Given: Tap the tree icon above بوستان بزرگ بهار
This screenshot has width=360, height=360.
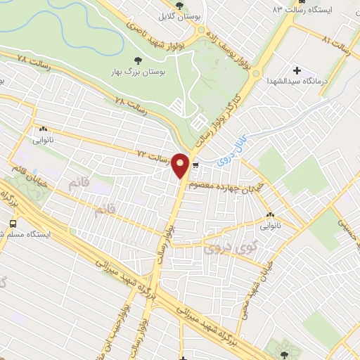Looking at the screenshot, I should [x=136, y=60].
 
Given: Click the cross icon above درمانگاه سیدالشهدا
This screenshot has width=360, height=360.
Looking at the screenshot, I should [x=296, y=70].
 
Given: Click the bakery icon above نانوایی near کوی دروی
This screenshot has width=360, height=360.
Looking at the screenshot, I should [x=270, y=214].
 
